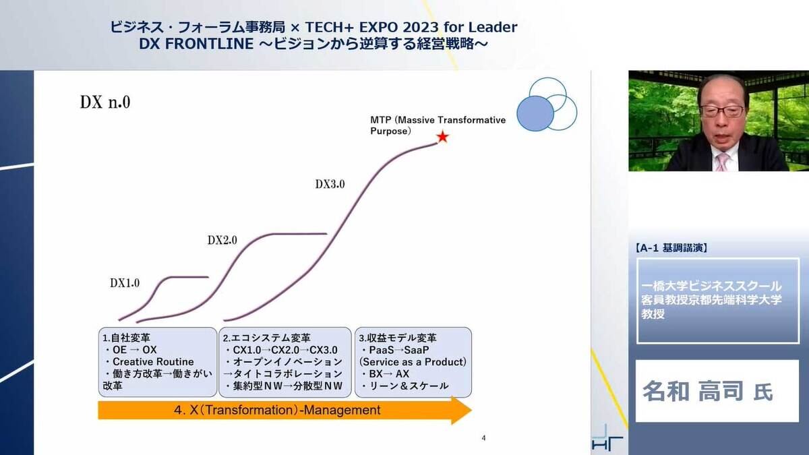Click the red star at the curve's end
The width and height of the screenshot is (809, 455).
click(442, 138)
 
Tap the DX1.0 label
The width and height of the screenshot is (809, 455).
click(125, 283)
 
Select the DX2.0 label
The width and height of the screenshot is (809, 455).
click(222, 240)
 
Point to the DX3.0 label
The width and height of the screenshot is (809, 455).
click(330, 184)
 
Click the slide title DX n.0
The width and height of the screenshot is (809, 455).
click(104, 102)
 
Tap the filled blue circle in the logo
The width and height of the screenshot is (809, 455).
click(535, 113)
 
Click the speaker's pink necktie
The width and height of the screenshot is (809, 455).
click(722, 162)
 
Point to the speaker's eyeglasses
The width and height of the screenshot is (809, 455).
click(723, 111)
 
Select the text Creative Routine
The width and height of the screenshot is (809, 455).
click(153, 361)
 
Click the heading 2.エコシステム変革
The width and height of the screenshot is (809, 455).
click(266, 338)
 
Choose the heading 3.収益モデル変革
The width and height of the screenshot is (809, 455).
click(398, 338)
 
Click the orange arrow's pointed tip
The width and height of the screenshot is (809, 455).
click(471, 410)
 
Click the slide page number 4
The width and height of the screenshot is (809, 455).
click(483, 438)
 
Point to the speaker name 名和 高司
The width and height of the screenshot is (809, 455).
click(693, 391)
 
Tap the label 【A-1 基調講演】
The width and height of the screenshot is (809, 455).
click(671, 248)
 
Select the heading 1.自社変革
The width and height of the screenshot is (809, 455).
click(126, 338)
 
